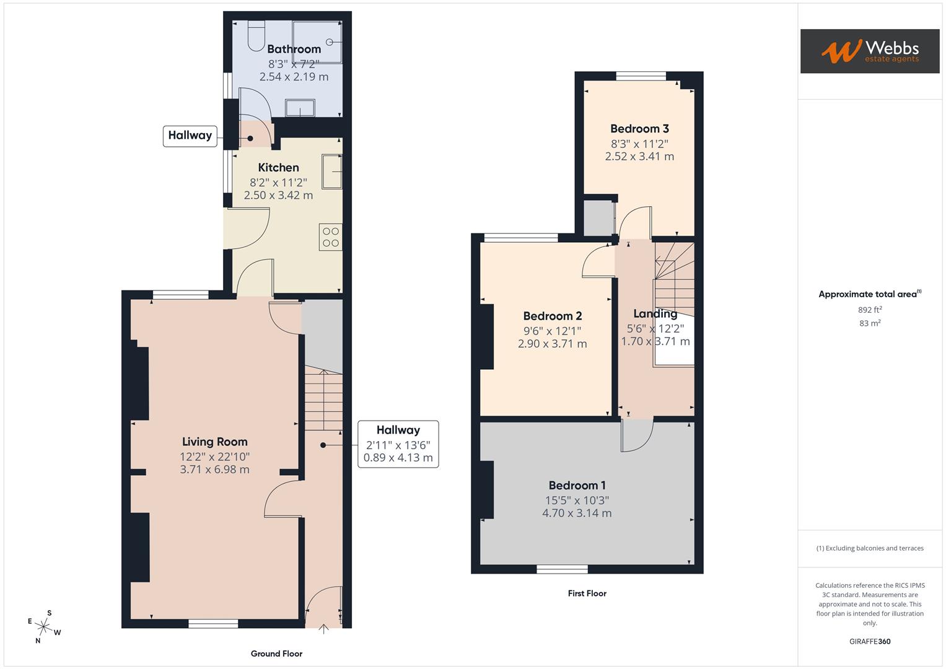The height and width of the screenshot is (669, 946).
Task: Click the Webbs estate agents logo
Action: [869, 51]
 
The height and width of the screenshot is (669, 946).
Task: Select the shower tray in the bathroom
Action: [317, 42]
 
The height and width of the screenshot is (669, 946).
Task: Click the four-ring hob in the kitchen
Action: [331, 237]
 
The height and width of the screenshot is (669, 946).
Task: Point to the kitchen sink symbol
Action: [331, 171]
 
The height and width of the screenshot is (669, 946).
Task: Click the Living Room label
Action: [214, 442]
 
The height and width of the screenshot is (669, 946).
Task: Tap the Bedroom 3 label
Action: [639, 129]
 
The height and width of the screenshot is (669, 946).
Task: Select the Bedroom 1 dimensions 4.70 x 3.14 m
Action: [577, 513]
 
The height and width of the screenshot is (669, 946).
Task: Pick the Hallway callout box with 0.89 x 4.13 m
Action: [398, 444]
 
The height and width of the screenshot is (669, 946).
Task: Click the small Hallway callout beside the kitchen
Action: [190, 136]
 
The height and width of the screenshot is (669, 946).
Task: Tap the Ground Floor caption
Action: [276, 654]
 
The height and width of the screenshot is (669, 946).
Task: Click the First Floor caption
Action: [587, 593]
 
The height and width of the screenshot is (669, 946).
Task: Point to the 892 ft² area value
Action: [870, 310]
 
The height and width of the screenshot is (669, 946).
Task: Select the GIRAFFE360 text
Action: [870, 641]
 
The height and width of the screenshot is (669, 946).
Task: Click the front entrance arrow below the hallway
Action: [323, 630]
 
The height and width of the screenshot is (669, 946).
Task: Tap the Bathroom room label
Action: [294, 49]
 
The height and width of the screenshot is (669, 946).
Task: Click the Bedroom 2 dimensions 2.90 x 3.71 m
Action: [552, 344]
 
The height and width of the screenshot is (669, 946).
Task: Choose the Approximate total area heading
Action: [869, 294]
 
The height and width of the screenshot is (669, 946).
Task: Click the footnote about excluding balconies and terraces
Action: [870, 548]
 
